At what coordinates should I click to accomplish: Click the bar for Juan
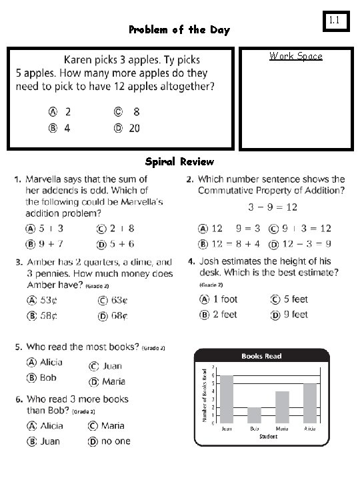pyautogui.click(x=227, y=399)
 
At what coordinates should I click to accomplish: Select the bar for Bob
pyautogui.click(x=255, y=415)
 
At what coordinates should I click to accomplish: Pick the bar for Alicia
pyautogui.click(x=310, y=403)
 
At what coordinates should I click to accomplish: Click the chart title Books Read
pyautogui.click(x=261, y=356)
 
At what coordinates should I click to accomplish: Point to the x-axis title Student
pyautogui.click(x=269, y=437)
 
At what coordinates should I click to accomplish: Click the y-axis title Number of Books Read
pyautogui.click(x=205, y=395)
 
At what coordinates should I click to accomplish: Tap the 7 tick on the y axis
pyautogui.click(x=212, y=367)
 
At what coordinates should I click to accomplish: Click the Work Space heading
pyautogui.click(x=295, y=56)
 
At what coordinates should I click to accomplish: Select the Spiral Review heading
pyautogui.click(x=179, y=161)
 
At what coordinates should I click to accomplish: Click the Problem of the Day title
pyautogui.click(x=179, y=30)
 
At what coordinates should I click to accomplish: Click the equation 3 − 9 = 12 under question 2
pyautogui.click(x=273, y=207)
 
